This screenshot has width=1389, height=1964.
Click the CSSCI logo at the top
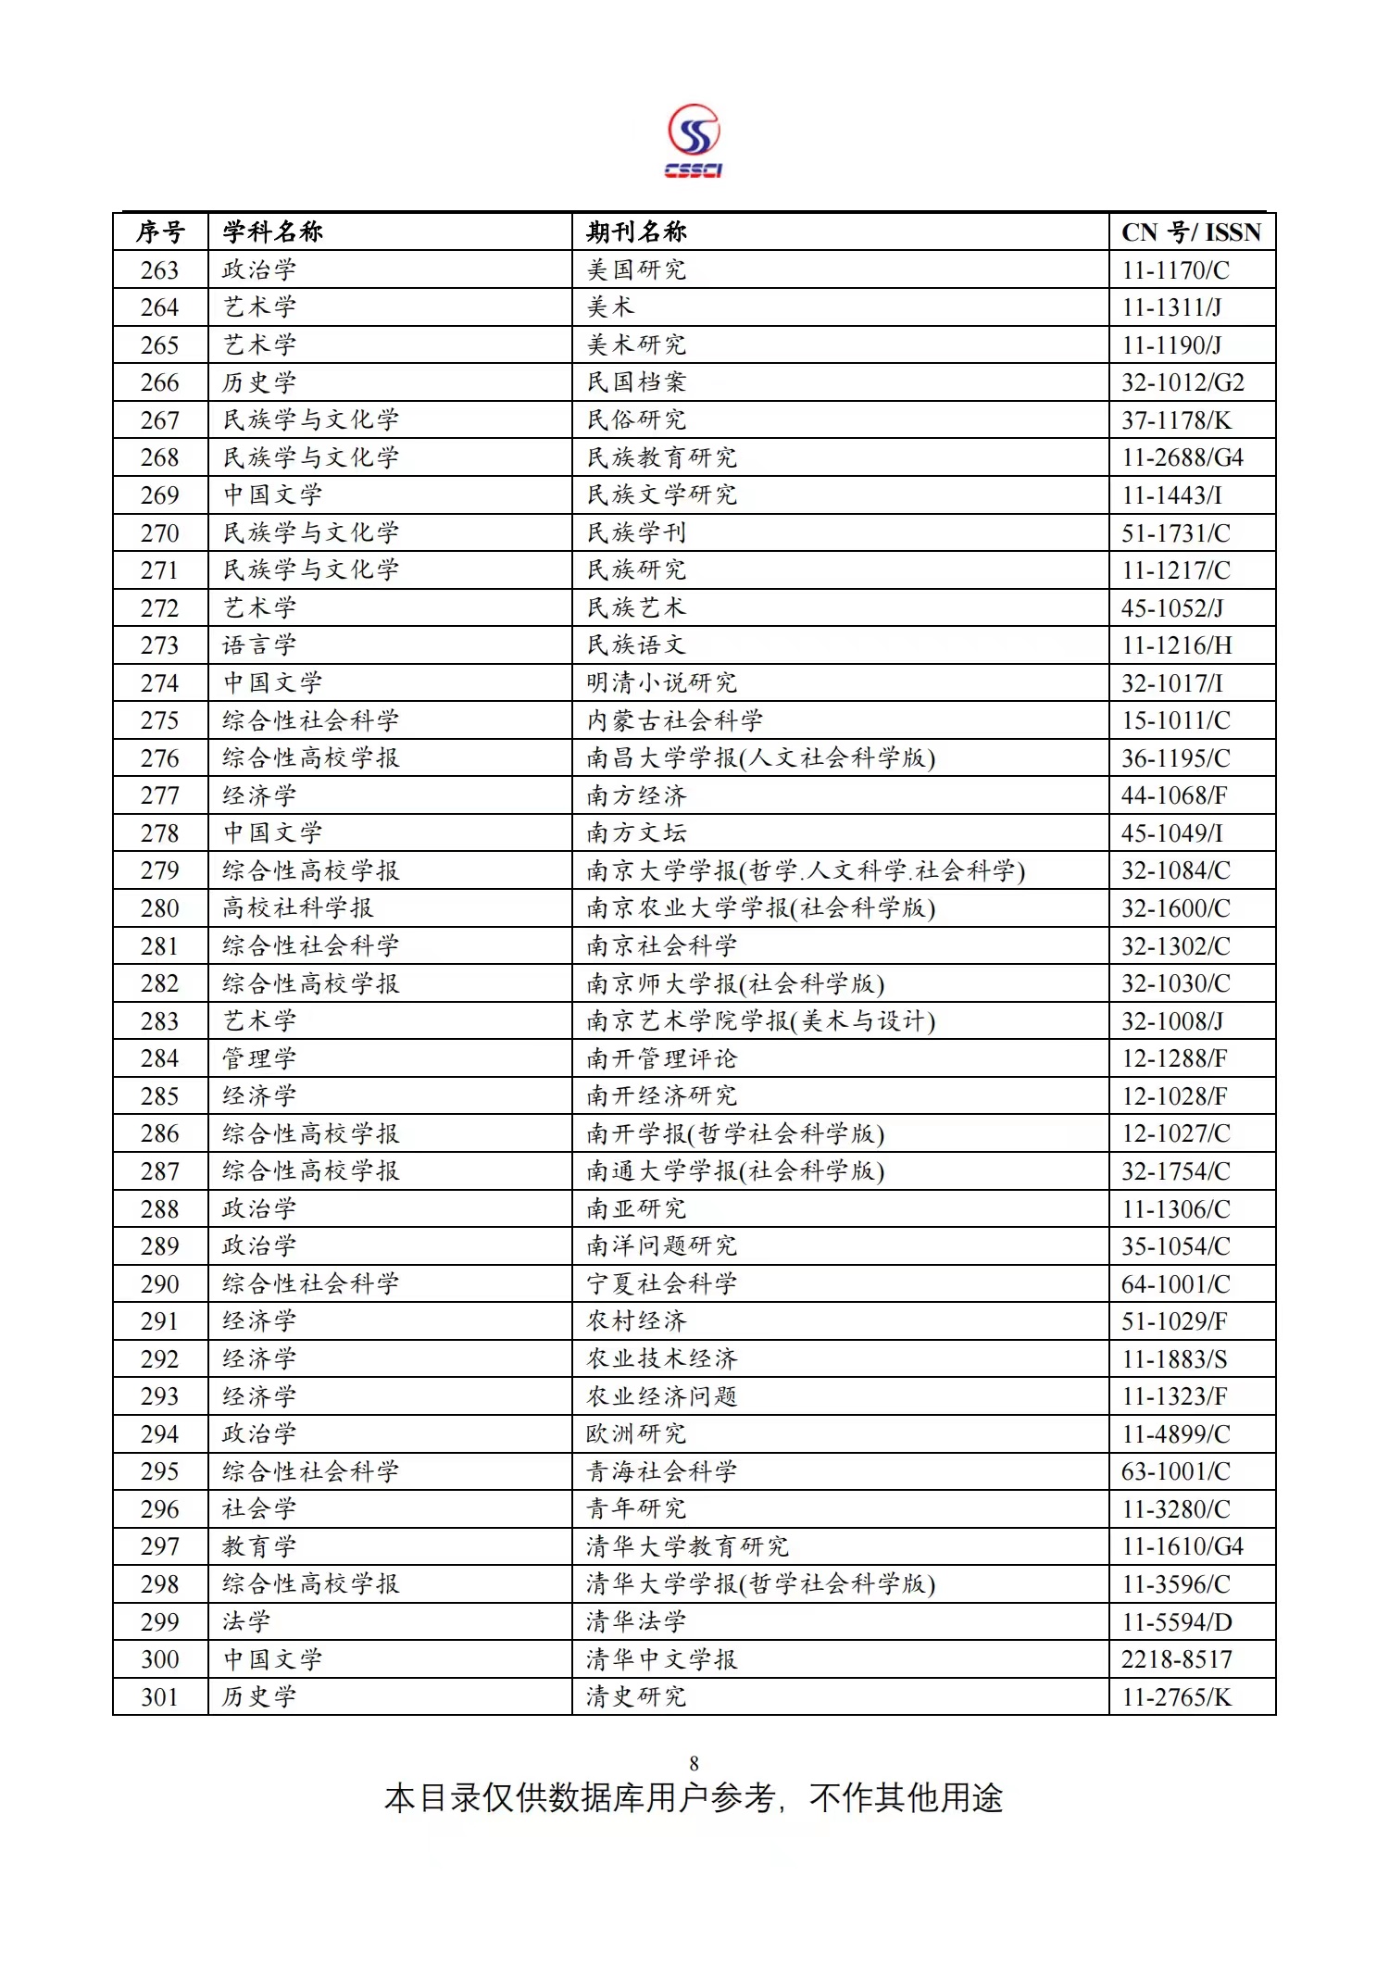click(694, 141)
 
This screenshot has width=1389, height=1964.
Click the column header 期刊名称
click(636, 231)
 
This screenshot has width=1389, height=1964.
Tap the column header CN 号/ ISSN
click(1191, 232)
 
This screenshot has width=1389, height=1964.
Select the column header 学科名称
click(272, 231)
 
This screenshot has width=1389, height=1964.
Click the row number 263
click(159, 270)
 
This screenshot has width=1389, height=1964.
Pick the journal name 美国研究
click(636, 270)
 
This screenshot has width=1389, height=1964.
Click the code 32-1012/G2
click(1183, 382)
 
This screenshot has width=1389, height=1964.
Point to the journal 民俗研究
click(636, 420)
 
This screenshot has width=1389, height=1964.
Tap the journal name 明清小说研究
click(661, 683)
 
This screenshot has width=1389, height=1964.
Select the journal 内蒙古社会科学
click(674, 720)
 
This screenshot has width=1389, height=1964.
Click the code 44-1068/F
click(1174, 795)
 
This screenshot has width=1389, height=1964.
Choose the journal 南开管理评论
click(661, 1058)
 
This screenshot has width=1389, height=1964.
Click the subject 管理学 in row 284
click(259, 1058)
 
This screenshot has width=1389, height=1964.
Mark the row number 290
click(159, 1284)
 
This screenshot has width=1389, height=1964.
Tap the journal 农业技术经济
click(661, 1359)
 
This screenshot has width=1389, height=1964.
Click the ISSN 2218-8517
click(1176, 1659)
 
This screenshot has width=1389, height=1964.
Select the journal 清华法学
click(636, 1622)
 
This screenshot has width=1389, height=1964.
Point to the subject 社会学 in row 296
click(259, 1509)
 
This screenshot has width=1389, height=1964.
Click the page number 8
click(694, 1764)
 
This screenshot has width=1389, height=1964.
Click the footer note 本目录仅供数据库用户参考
click(580, 1798)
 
